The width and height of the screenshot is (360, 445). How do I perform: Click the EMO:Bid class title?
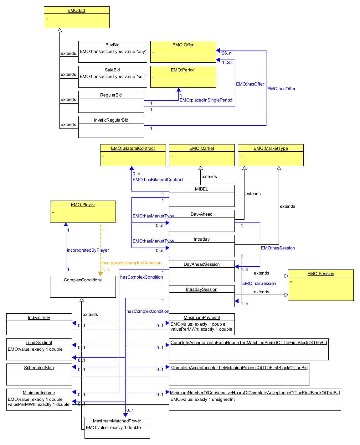tap(76, 10)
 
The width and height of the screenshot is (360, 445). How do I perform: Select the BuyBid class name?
tap(112, 45)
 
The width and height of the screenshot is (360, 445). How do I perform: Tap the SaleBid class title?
tap(112, 70)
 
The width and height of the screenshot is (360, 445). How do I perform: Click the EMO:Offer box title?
tap(183, 45)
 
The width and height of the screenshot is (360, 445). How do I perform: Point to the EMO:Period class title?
tap(183, 70)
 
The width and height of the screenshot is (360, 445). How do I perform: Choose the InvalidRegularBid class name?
tap(111, 120)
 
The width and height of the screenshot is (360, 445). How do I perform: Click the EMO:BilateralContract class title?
tap(133, 148)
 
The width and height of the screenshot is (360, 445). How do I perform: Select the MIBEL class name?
tap(202, 189)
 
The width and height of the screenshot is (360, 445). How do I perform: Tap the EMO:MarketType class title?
tap(270, 148)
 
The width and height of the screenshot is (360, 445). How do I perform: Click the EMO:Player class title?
tap(83, 205)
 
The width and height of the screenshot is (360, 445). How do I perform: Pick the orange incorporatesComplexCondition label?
tap(131, 263)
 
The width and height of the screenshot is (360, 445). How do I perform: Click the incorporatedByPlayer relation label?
tap(88, 250)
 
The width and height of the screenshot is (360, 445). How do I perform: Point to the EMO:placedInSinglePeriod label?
tap(206, 100)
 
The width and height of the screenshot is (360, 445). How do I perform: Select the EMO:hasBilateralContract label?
tap(158, 180)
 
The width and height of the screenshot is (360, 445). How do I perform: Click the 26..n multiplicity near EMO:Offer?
tap(227, 53)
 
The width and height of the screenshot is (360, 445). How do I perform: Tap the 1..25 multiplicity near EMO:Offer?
tap(227, 62)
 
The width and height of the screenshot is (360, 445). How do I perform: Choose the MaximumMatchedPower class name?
tap(117, 421)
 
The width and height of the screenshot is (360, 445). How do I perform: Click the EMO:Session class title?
tap(321, 274)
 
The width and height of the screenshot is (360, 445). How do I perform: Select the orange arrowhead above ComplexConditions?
tap(100, 274)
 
